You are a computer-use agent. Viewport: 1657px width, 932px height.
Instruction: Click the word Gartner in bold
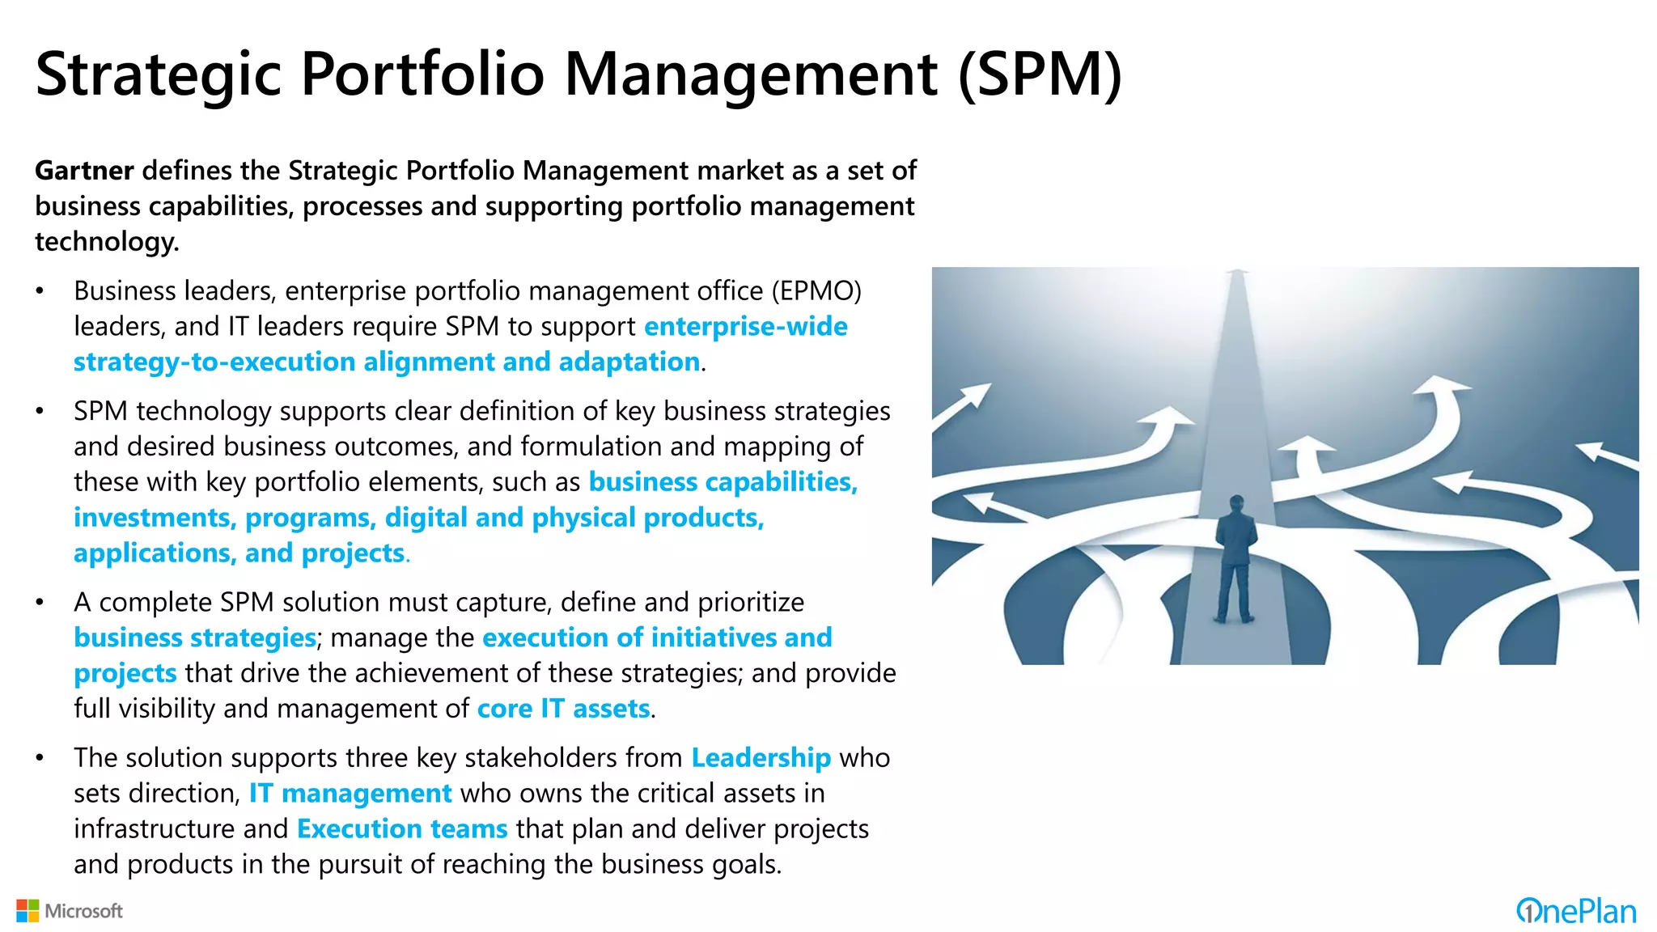point(84,171)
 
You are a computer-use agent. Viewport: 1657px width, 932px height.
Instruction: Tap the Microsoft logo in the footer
point(70,911)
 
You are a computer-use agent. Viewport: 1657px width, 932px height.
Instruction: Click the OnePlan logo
point(1576,911)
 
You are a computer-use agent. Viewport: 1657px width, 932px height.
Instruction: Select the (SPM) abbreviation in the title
point(1040,74)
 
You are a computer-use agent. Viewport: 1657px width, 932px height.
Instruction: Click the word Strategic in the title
point(158,74)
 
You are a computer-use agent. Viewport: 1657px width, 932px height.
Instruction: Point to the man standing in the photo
point(1235,558)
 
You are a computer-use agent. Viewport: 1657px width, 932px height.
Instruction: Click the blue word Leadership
point(761,758)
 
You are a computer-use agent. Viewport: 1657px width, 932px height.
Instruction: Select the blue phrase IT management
point(350,794)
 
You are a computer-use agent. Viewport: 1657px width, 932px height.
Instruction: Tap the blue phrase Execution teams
point(402,829)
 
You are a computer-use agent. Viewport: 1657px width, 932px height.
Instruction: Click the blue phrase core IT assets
point(563,709)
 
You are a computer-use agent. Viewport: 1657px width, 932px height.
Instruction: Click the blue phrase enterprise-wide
point(745,327)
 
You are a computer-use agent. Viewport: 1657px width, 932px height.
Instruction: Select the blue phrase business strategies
point(194,638)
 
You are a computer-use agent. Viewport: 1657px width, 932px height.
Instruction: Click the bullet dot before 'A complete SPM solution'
point(40,603)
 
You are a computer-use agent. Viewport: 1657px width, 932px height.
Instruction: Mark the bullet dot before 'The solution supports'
point(40,758)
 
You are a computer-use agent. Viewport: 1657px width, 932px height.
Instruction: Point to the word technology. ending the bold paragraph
point(107,242)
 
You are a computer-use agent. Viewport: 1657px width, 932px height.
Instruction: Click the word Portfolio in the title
point(422,74)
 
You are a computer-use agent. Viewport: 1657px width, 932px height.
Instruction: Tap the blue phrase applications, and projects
point(239,553)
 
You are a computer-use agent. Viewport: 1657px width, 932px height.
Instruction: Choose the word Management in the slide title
point(751,74)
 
